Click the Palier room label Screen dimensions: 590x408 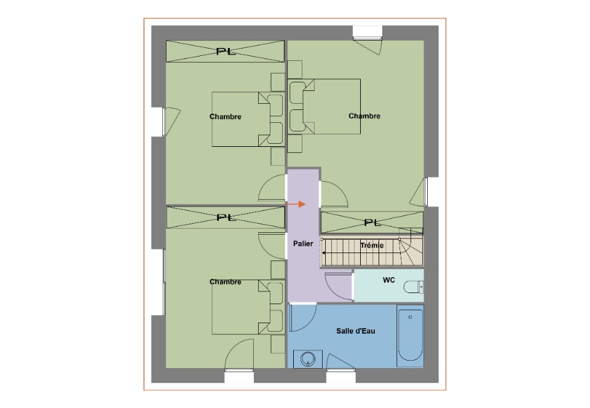tap(303, 244)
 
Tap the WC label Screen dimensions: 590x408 tap(388, 280)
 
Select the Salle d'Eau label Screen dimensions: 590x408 tap(356, 331)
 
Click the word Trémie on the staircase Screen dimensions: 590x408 tap(372, 245)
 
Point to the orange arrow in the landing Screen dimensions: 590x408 tap(296, 204)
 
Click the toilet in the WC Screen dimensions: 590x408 tap(414, 288)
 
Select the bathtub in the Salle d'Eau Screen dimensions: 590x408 tap(410, 335)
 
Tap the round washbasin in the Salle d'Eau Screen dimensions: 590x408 tap(308, 359)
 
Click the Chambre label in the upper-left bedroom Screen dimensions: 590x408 tap(225, 117)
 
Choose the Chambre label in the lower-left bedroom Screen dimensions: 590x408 tap(225, 281)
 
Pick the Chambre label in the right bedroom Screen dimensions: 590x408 tap(364, 116)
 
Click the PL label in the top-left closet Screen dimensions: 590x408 tap(226, 51)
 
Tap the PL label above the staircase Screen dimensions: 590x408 tap(372, 222)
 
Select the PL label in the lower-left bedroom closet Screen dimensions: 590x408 tap(226, 218)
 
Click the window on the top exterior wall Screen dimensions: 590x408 tap(368, 38)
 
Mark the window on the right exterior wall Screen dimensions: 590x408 tap(426, 191)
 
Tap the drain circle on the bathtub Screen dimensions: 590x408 tap(410, 317)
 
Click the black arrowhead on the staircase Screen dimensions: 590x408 tap(323, 253)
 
